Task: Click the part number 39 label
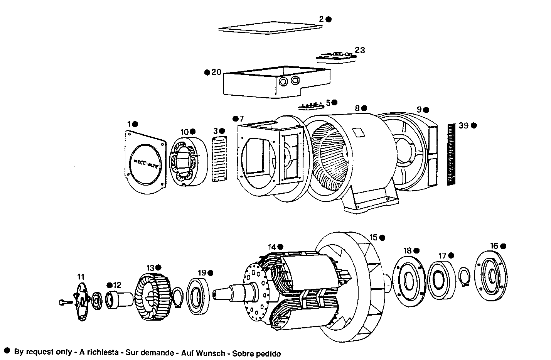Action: pyautogui.click(x=463, y=125)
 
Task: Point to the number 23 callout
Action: pyautogui.click(x=360, y=50)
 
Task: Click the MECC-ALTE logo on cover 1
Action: pyautogui.click(x=146, y=161)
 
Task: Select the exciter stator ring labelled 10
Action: pyautogui.click(x=188, y=161)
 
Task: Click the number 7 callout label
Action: pyautogui.click(x=241, y=118)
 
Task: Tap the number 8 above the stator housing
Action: pyautogui.click(x=357, y=108)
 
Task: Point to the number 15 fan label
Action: pyautogui.click(x=373, y=237)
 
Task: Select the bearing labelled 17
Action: pyautogui.click(x=440, y=280)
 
